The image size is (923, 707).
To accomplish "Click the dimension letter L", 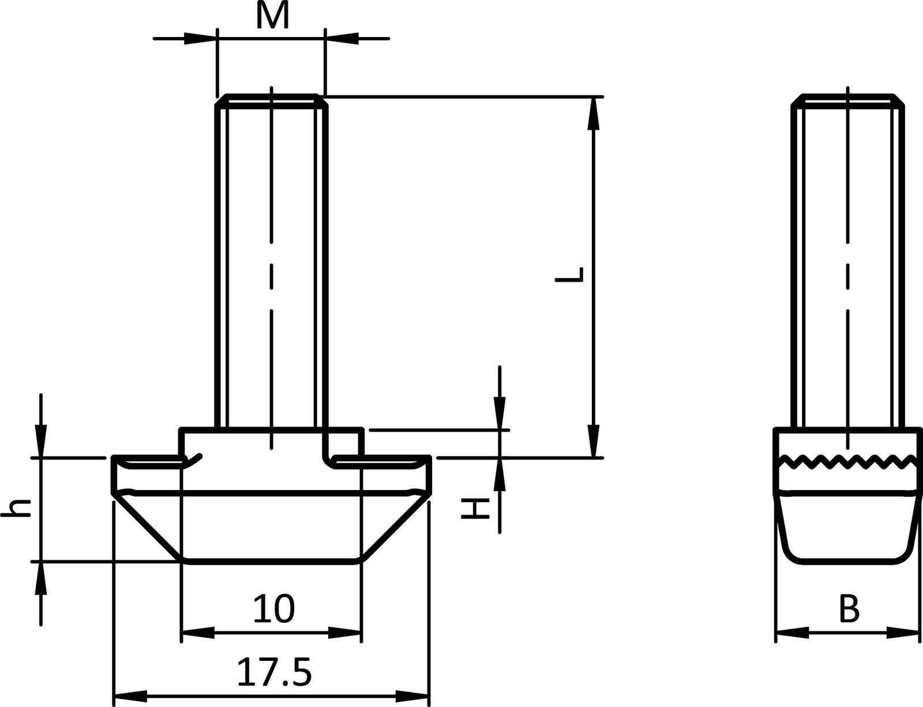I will [x=570, y=275].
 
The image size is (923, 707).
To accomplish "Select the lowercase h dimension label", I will [x=17, y=507].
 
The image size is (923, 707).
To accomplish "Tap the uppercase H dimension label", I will [x=476, y=508].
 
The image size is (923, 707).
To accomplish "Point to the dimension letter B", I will [x=848, y=609].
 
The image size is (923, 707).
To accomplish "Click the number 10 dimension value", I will [x=273, y=609].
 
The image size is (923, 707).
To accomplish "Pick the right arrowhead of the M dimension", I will [x=342, y=39].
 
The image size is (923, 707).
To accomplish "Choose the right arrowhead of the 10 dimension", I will [x=346, y=633].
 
